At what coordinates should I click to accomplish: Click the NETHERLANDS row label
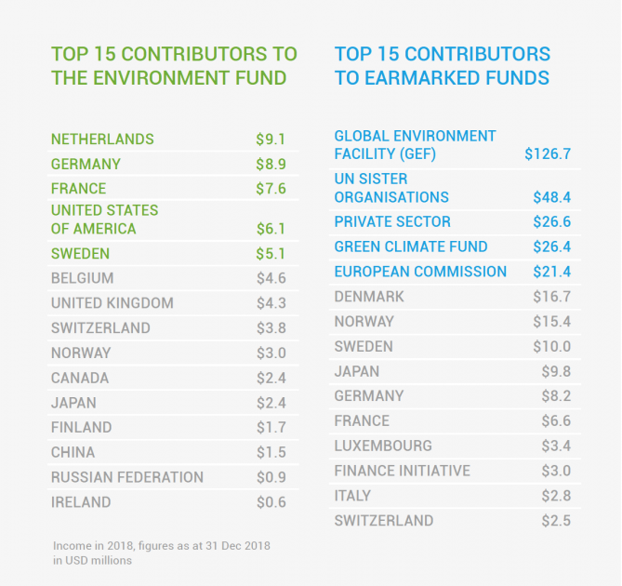(x=102, y=140)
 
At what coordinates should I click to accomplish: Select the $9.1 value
(x=271, y=140)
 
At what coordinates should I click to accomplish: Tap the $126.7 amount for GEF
(x=547, y=153)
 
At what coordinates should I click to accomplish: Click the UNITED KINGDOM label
(x=112, y=303)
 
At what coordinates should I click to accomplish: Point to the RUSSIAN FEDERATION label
(x=127, y=477)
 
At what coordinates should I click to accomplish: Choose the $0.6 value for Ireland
(x=271, y=502)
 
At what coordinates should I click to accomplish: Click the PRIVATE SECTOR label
(x=392, y=222)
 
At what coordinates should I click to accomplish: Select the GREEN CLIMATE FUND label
(x=411, y=247)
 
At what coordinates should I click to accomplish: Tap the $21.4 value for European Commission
(x=552, y=272)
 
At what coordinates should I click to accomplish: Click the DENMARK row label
(x=369, y=297)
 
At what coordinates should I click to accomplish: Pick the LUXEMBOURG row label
(x=383, y=446)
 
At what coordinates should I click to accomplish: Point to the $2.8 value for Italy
(x=556, y=496)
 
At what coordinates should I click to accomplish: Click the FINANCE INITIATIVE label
(x=402, y=471)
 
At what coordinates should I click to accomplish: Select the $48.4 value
(x=552, y=197)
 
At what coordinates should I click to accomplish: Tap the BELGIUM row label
(x=83, y=278)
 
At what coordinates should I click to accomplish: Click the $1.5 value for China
(x=271, y=452)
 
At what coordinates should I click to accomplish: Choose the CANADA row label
(x=80, y=378)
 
